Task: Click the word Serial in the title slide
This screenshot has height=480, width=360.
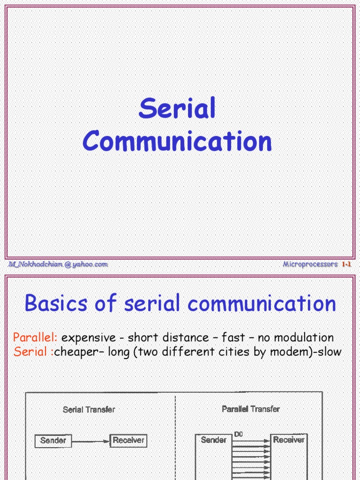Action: coord(177,109)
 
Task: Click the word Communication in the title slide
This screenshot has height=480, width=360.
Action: coord(177,141)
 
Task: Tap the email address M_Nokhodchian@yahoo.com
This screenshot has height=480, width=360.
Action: coord(58,264)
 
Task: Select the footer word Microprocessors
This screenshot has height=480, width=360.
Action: coord(310,264)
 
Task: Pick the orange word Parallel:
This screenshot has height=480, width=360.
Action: coord(35,337)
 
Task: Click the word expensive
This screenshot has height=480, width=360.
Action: coord(89,337)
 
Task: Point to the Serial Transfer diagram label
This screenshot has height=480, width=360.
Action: coord(89,410)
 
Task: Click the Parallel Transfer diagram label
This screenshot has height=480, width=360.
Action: coord(251,409)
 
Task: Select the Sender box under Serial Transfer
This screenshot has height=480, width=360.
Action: coord(53,441)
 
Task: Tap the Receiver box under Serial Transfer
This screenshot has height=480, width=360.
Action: coord(128,441)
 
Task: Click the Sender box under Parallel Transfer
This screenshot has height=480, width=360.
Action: coord(213,440)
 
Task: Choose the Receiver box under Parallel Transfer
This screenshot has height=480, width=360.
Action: coord(289,440)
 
